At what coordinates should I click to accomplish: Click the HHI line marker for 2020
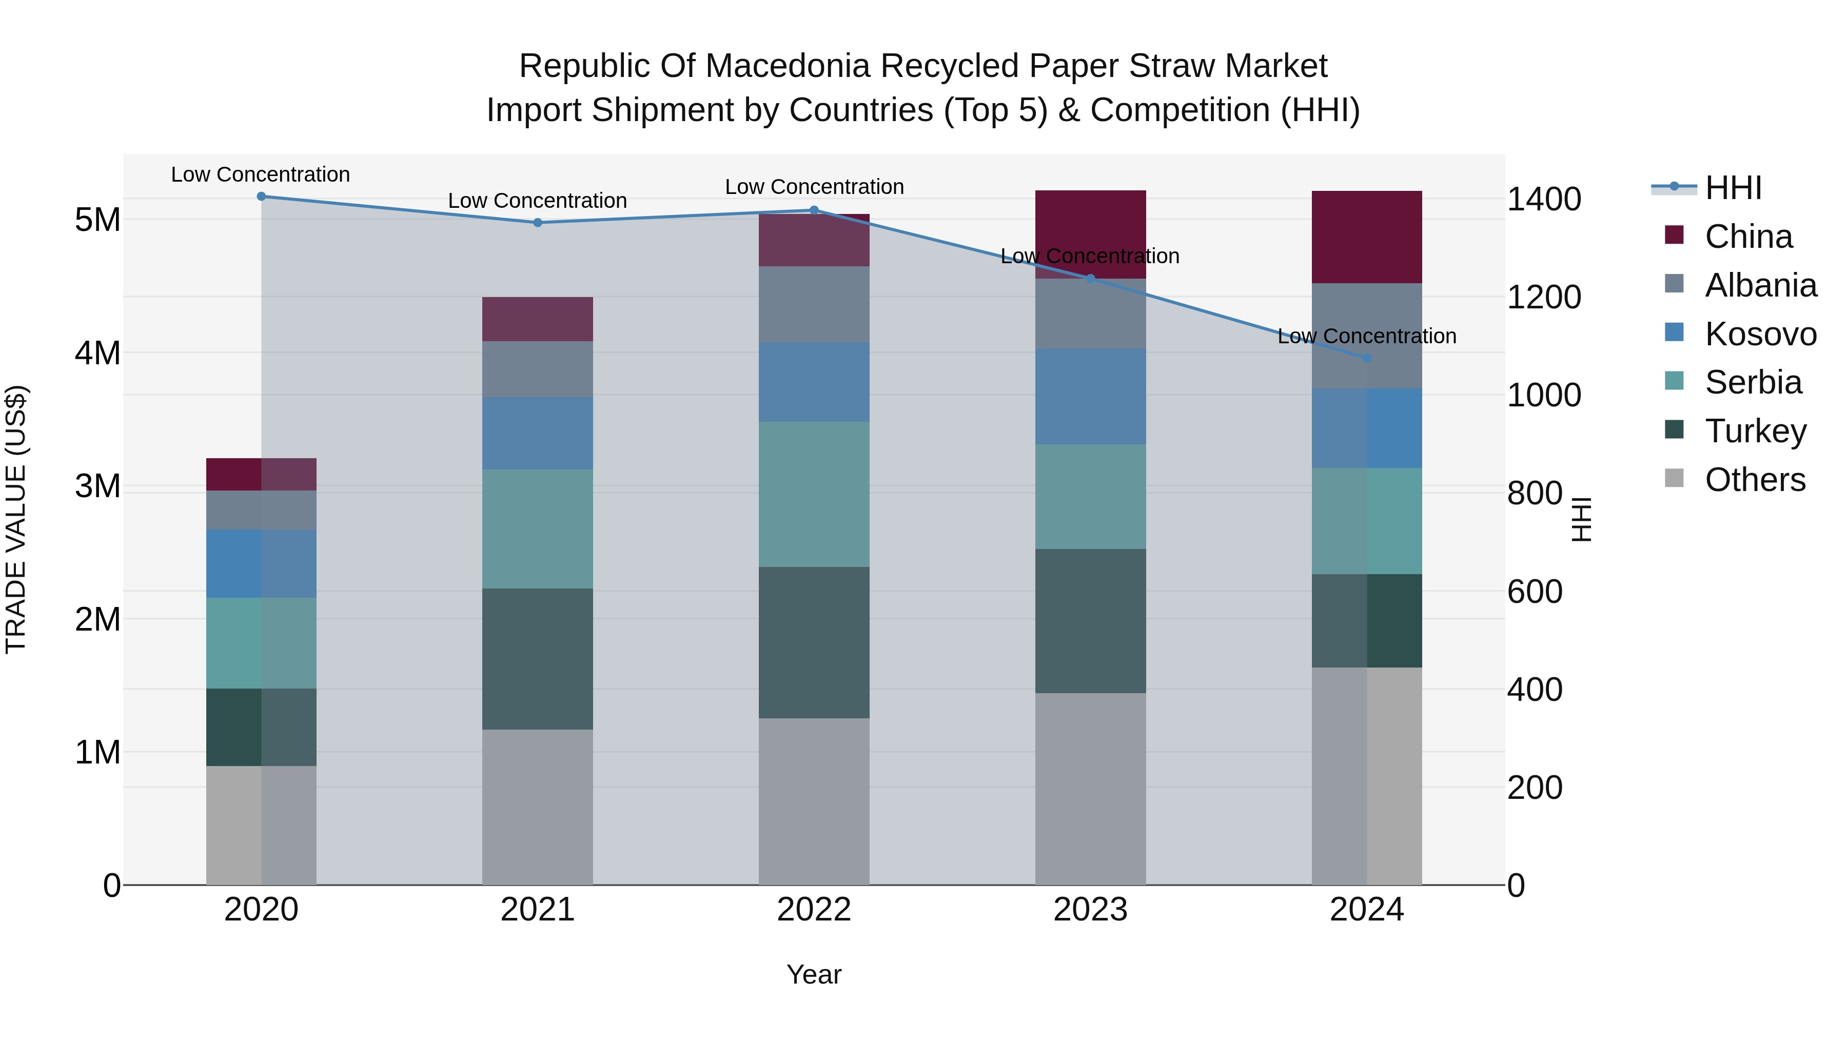(x=261, y=197)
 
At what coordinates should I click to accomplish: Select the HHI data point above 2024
(x=1367, y=358)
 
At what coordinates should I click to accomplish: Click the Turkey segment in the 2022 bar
(x=814, y=642)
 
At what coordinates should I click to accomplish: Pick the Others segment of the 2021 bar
(x=537, y=807)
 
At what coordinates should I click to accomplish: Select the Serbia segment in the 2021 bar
(x=537, y=528)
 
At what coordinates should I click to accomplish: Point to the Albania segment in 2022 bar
(x=814, y=304)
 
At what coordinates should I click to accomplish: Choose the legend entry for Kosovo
(x=1760, y=334)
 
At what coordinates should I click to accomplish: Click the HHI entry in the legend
(x=1733, y=188)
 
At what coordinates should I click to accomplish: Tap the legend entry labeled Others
(x=1755, y=480)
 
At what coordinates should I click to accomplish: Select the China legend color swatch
(x=1674, y=235)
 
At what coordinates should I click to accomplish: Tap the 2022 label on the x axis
(x=814, y=910)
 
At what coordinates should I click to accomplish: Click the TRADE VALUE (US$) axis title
(x=16, y=519)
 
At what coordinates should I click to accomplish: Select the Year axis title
(x=814, y=974)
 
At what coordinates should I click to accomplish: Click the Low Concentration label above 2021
(x=537, y=201)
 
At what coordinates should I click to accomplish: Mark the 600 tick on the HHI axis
(x=1535, y=592)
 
